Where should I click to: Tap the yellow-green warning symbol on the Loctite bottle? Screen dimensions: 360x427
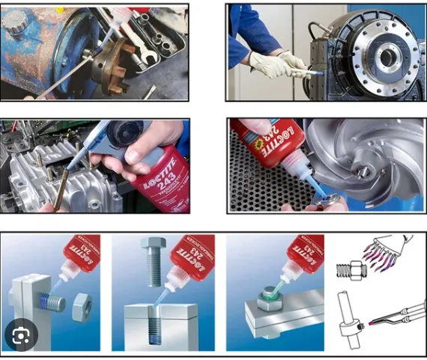(x=249, y=141)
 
